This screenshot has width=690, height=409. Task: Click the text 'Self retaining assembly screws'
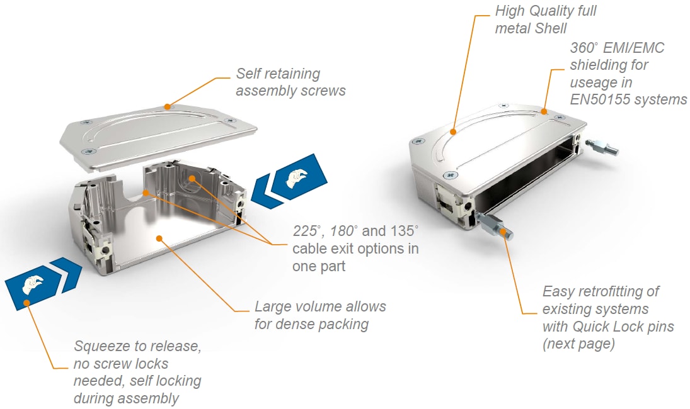(x=290, y=82)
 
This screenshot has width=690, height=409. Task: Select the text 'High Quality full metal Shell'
(x=545, y=20)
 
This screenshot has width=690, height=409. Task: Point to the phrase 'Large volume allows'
(x=320, y=307)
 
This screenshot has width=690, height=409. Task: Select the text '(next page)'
(x=578, y=344)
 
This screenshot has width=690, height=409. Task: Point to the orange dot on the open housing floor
(x=160, y=238)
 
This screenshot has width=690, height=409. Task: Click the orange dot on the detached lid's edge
(x=167, y=106)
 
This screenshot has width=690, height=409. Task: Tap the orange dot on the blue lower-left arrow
(x=26, y=303)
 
